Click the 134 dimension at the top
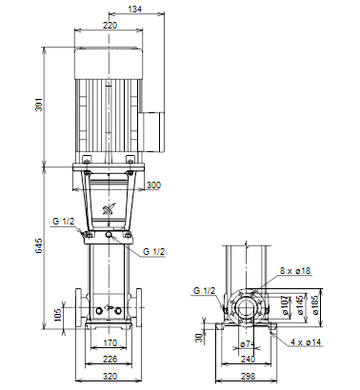[134, 10]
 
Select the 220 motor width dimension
[110, 25]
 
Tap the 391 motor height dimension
[38, 105]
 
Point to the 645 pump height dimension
[38, 246]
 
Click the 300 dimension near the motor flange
[153, 185]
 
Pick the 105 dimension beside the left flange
[58, 315]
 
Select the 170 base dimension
[110, 343]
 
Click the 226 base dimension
[110, 360]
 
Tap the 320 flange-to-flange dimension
[110, 377]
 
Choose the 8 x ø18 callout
[295, 271]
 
